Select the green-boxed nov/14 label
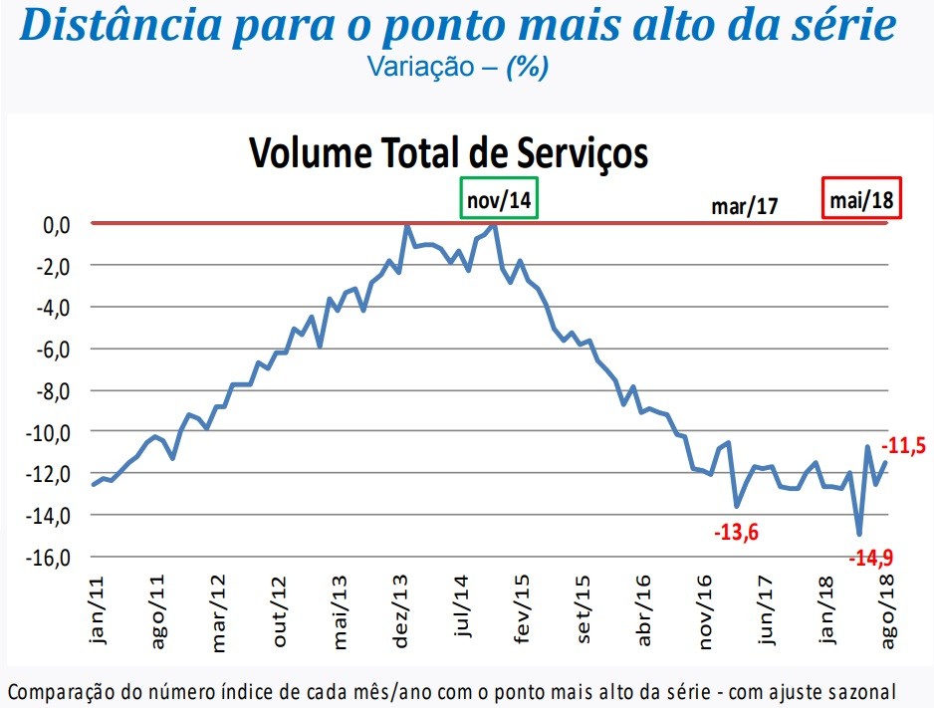tap(499, 198)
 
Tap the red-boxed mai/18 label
tap(861, 199)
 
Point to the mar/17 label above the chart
tap(744, 206)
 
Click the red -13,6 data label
tap(736, 532)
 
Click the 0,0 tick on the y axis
tap(55, 224)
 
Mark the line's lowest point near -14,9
tap(859, 534)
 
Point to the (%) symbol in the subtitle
tap(528, 68)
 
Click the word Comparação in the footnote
tap(60, 690)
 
